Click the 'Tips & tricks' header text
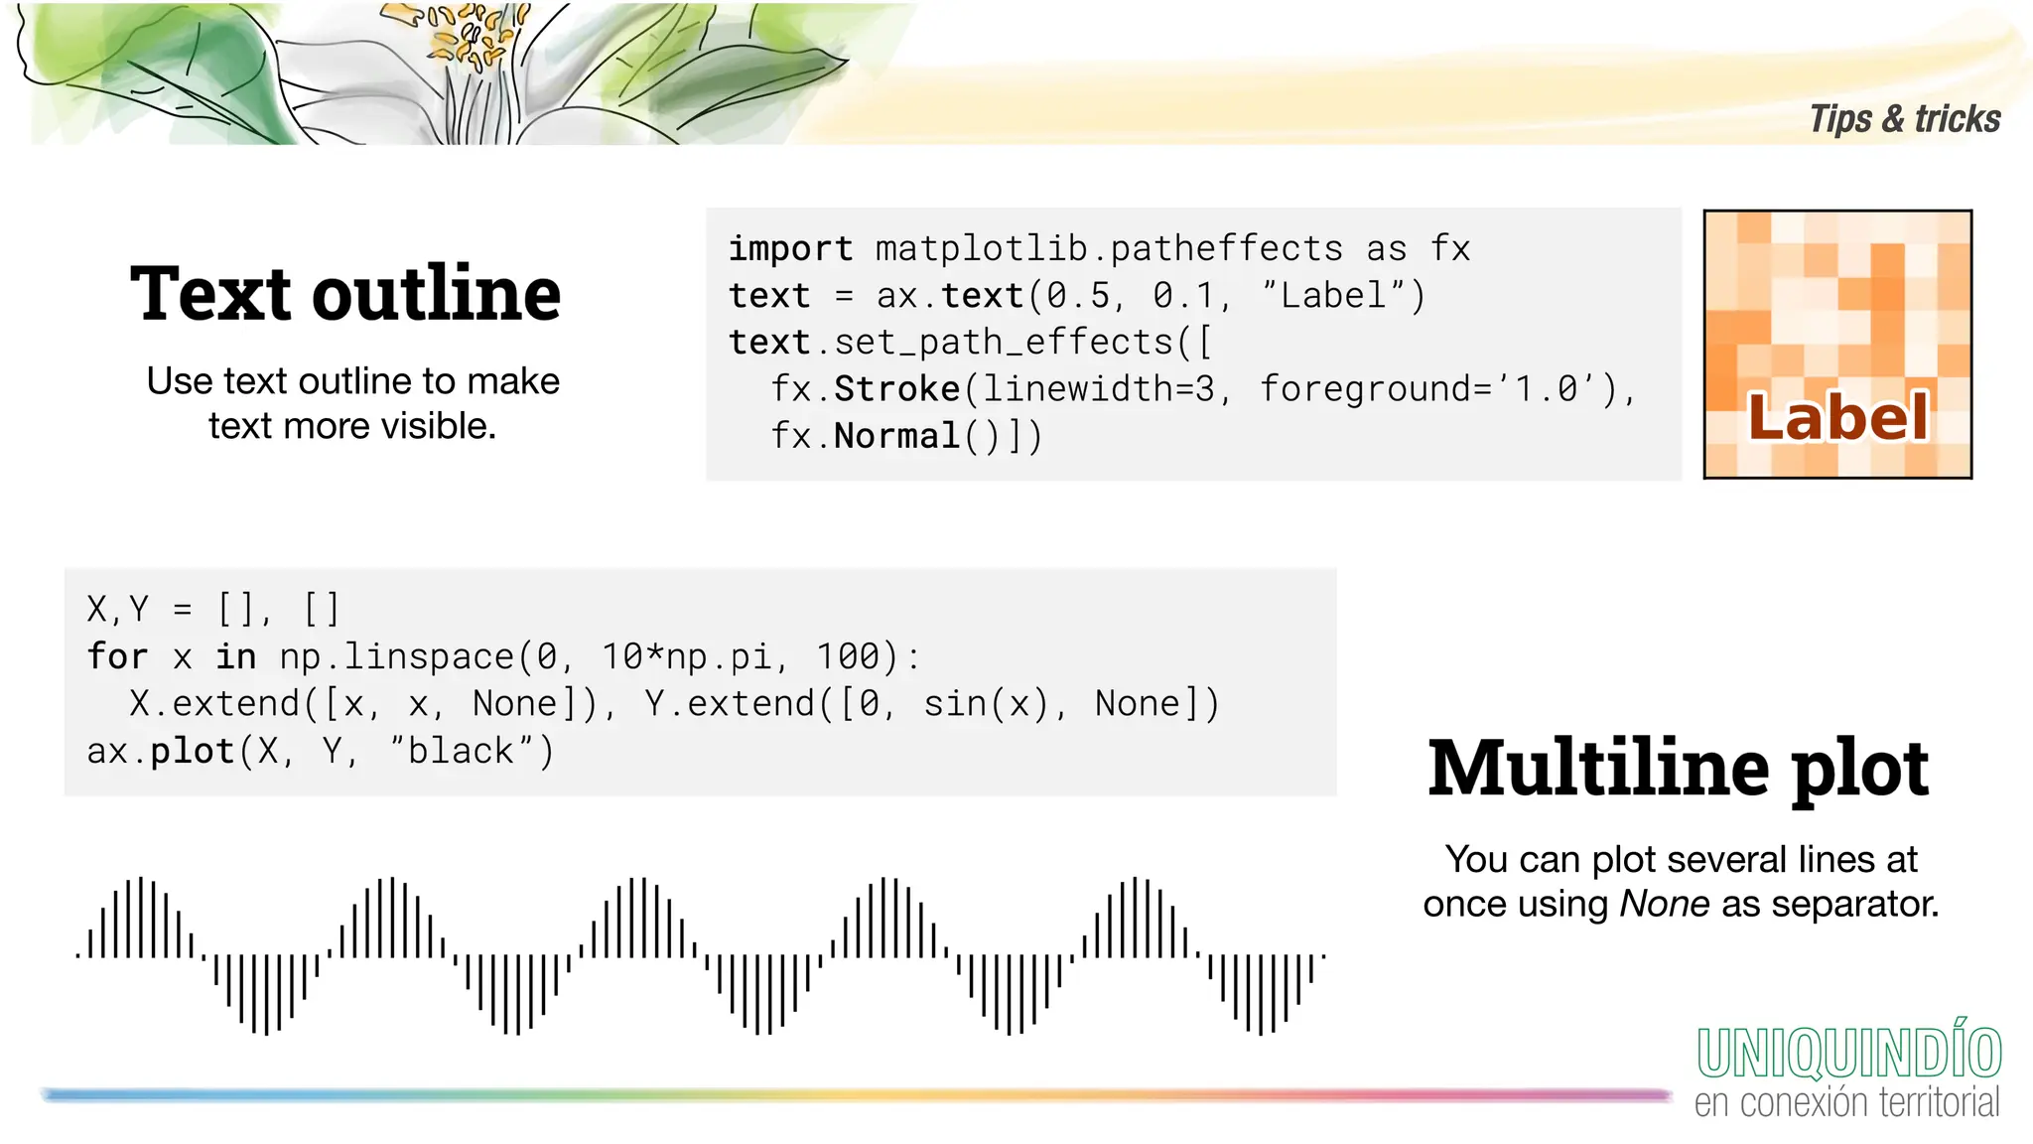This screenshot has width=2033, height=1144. [1904, 119]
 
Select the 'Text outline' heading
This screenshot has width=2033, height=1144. [345, 294]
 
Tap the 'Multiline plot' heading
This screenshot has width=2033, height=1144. [1678, 768]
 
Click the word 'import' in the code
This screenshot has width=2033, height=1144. [790, 248]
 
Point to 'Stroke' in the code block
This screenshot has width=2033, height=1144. [896, 389]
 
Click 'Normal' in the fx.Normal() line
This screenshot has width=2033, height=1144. [896, 436]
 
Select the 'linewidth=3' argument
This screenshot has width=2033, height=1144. [1099, 389]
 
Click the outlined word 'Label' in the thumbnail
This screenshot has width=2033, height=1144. [1837, 417]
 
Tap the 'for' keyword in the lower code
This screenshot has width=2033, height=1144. [117, 656]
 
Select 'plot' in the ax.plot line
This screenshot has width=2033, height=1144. [193, 751]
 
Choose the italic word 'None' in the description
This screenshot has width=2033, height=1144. [1665, 904]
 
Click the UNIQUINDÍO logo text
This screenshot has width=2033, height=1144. [1848, 1054]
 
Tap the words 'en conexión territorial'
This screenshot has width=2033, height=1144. [1846, 1102]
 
